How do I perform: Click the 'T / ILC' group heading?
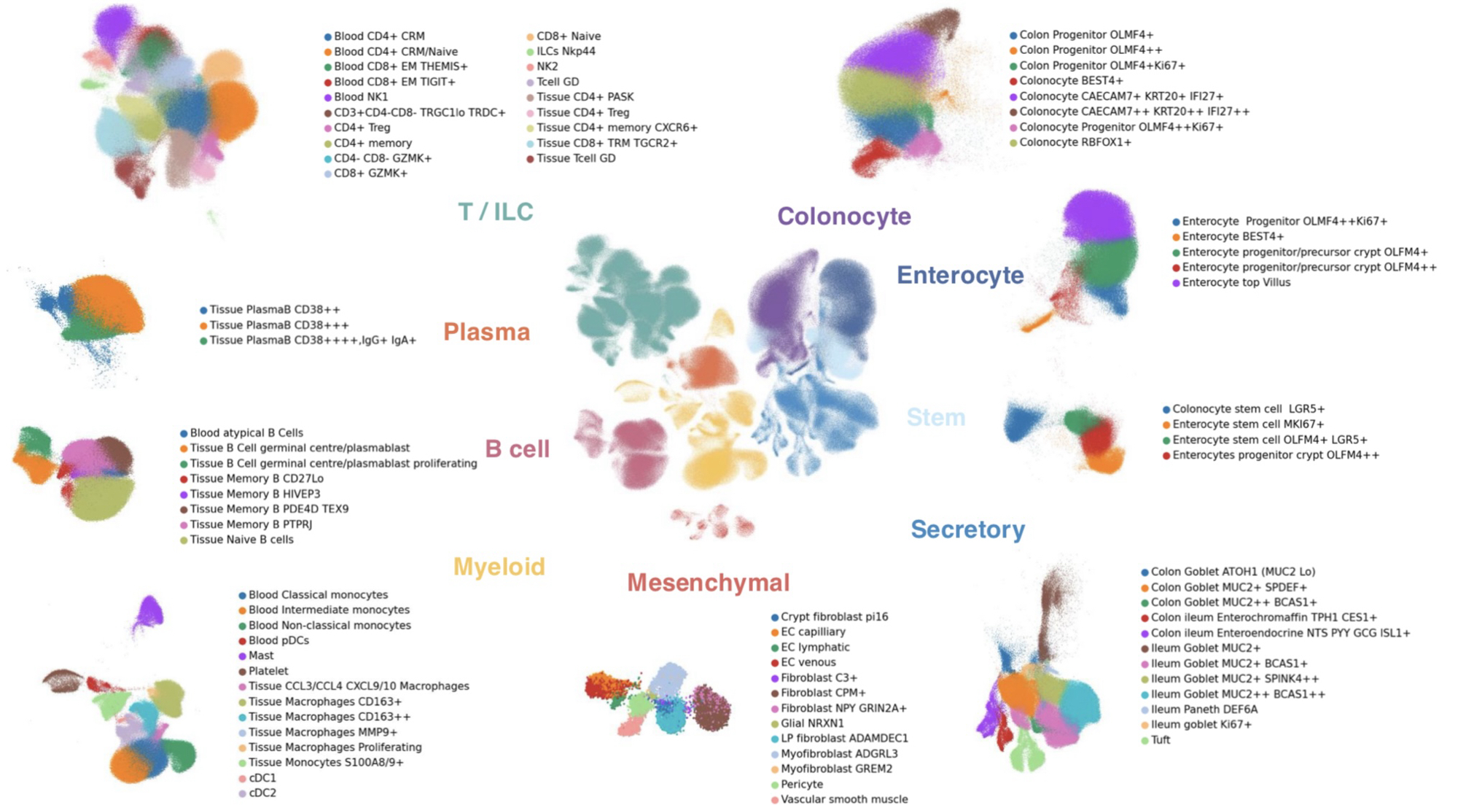pos(496,211)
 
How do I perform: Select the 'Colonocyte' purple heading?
pos(843,216)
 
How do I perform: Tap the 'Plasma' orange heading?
pos(486,332)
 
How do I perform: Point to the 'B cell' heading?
pos(517,448)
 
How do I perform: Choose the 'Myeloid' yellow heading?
pos(499,567)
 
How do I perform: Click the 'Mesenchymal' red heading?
pos(708,582)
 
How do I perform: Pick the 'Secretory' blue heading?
pos(967,529)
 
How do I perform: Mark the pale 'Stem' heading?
pos(935,417)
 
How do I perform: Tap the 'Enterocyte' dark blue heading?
pos(960,275)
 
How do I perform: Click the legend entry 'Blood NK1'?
pos(361,97)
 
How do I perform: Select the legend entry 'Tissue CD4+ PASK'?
pos(585,97)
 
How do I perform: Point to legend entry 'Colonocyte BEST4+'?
pos(1071,81)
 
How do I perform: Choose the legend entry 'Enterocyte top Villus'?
pos(1236,282)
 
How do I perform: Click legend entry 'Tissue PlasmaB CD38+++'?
pos(278,325)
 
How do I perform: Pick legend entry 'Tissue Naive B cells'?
pos(241,540)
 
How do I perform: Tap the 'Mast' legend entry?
pos(261,656)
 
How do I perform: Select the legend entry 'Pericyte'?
pos(802,784)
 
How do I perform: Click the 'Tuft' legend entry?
pos(1160,739)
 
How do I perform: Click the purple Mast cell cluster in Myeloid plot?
pos(150,611)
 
